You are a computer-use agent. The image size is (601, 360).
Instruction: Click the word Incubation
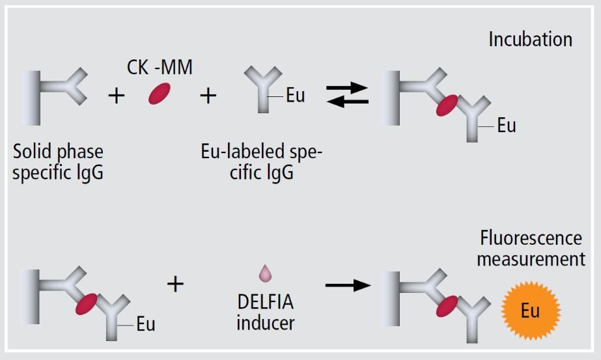(530, 39)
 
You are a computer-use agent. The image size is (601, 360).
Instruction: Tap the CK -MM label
(160, 66)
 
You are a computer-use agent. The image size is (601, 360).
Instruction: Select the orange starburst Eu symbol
(530, 311)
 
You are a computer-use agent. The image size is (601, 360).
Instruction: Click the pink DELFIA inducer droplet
(264, 275)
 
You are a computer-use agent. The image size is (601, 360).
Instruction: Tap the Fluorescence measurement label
(531, 249)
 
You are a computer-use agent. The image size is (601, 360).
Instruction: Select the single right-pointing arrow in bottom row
(347, 284)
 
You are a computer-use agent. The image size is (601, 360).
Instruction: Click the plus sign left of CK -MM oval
(116, 96)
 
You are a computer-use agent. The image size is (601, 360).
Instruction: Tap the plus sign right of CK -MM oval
(208, 96)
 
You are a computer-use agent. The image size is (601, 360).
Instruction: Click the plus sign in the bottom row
(175, 283)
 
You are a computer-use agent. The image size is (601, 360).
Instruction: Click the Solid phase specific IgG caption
(57, 163)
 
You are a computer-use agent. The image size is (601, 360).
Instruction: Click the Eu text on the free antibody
(295, 96)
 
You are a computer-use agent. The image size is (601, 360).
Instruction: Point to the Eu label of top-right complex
(506, 126)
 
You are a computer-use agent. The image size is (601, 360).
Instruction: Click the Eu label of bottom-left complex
(145, 323)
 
